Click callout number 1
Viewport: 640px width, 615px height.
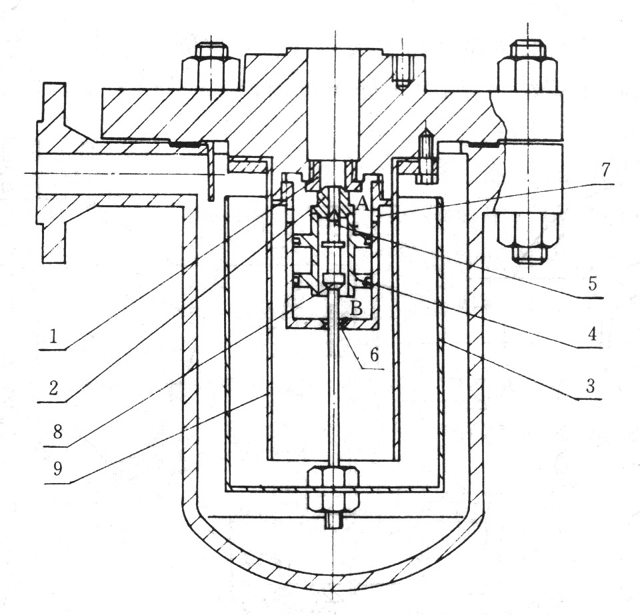point(53,337)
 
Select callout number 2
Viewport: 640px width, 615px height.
point(53,388)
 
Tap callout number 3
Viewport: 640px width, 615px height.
point(590,385)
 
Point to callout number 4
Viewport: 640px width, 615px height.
point(592,334)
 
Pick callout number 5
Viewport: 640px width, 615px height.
point(593,283)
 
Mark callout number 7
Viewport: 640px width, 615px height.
point(605,170)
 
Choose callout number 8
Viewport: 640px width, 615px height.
point(57,431)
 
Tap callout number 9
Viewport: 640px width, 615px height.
point(58,469)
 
